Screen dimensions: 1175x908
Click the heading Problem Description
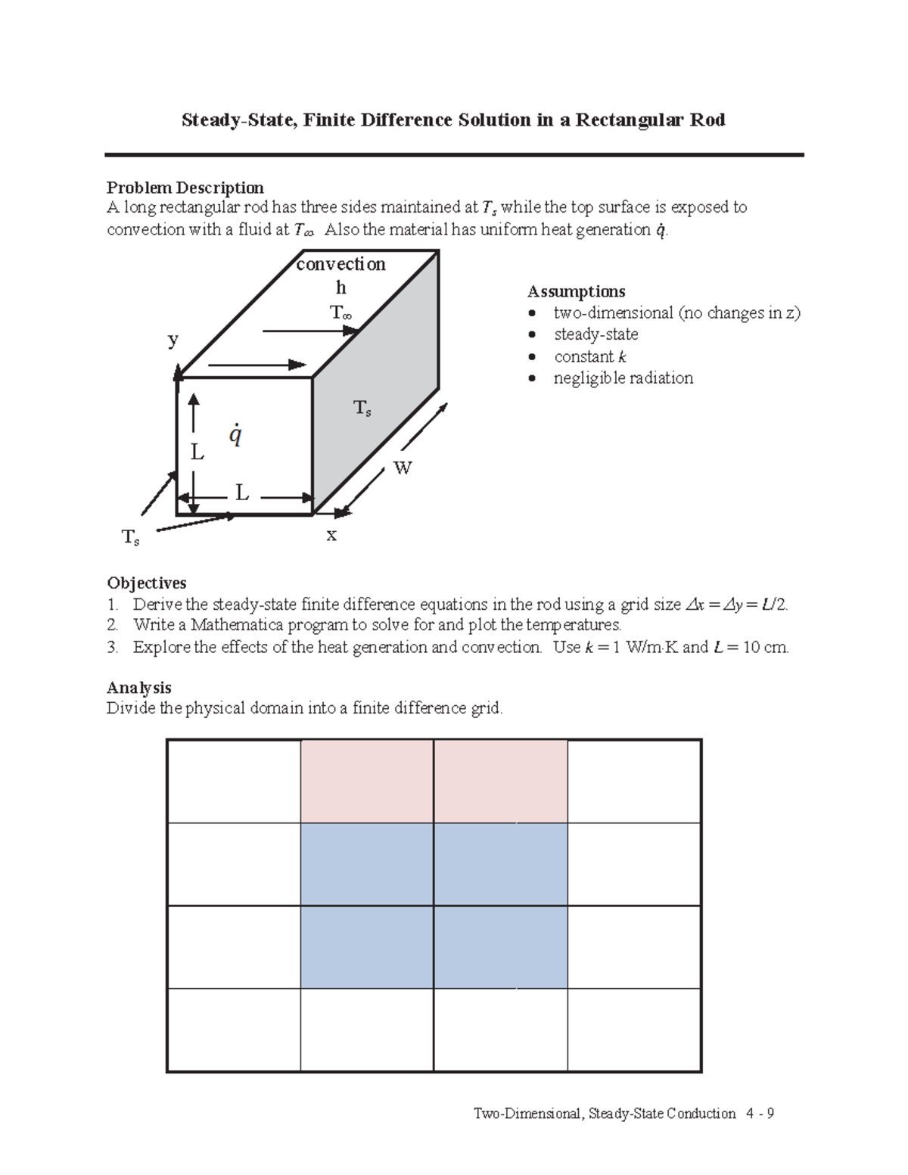click(185, 187)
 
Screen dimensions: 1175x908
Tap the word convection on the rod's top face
click(340, 264)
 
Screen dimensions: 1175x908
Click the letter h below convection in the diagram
click(340, 288)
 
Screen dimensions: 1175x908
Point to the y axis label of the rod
click(173, 340)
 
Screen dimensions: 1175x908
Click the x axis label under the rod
click(331, 535)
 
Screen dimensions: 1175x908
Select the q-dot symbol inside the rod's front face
click(236, 435)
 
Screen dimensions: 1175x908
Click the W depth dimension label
click(403, 468)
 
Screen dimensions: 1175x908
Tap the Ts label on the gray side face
click(362, 409)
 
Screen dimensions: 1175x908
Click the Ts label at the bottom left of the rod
click(131, 538)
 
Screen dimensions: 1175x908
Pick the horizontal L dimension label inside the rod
click(241, 494)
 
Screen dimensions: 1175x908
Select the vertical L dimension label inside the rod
click(197, 453)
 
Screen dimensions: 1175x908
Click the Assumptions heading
click(576, 291)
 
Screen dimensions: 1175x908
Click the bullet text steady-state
click(595, 334)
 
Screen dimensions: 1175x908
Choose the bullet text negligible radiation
click(623, 378)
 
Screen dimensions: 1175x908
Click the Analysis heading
click(138, 687)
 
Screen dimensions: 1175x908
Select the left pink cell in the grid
click(367, 782)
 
